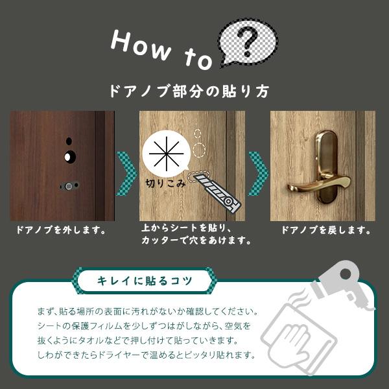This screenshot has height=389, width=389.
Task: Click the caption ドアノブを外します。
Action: [62, 230]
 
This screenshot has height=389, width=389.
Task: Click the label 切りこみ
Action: [165, 184]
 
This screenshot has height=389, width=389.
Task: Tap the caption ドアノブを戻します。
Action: [326, 230]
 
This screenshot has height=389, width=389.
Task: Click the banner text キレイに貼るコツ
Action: [143, 281]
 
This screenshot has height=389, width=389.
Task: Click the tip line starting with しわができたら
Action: [147, 355]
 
